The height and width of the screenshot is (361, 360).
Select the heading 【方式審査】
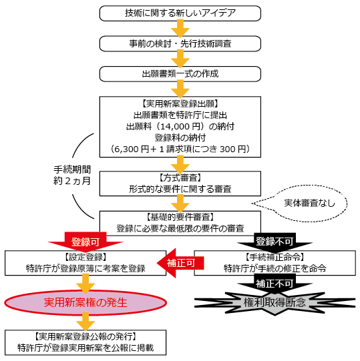tap(180, 177)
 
